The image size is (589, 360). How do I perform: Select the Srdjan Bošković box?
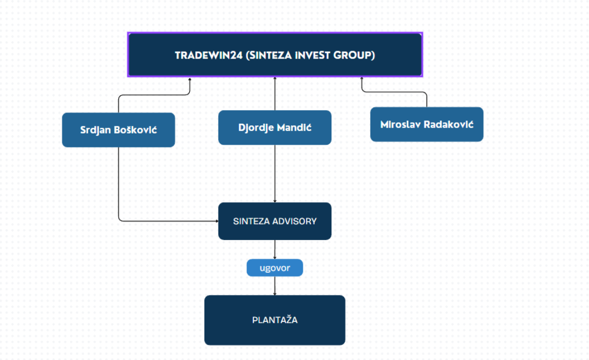point(118,130)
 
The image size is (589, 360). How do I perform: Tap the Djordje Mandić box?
point(275,128)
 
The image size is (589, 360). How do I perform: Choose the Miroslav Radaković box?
point(427,124)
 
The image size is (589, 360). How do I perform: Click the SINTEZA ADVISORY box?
point(275,221)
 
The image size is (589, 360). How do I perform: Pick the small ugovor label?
point(275,267)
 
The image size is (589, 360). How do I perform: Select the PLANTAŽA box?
point(275,320)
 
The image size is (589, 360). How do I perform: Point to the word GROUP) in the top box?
point(355,55)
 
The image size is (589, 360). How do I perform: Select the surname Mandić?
point(294,128)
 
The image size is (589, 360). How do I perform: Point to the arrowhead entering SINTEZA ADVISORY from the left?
point(216,221)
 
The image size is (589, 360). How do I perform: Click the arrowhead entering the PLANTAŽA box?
point(275,293)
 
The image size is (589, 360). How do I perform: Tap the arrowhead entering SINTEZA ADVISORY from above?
point(275,201)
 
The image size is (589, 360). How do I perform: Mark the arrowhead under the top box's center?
point(275,79)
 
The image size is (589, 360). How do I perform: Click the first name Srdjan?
point(95,130)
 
